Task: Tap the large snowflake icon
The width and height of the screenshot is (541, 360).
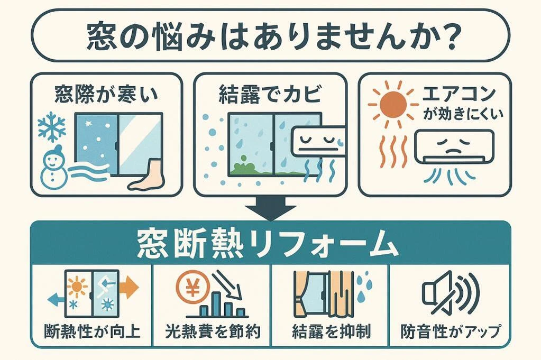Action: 52,126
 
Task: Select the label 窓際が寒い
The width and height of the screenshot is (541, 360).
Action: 106,94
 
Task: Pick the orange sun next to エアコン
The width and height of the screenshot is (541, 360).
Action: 393,103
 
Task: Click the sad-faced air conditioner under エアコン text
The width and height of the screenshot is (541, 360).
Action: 454,147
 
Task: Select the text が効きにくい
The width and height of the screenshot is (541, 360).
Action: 463,114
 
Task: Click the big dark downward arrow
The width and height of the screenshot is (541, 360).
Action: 271,209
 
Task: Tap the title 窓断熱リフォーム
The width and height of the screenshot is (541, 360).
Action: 268,244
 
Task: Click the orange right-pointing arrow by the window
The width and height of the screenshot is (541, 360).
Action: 129,287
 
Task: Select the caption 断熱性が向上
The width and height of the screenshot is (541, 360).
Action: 93,331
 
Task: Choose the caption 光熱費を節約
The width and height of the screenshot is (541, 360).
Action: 213,331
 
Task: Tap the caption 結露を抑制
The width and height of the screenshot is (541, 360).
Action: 331,331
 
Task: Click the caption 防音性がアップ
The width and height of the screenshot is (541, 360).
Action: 451,331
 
